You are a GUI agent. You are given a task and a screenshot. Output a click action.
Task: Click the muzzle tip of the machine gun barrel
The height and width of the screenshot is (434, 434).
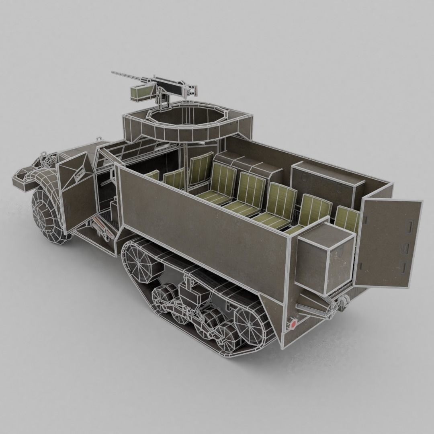[x=113, y=73]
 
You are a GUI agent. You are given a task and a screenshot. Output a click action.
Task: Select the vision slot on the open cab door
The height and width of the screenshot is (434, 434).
[x=80, y=173]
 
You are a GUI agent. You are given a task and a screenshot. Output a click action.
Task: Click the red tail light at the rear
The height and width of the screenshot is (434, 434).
[x=293, y=323]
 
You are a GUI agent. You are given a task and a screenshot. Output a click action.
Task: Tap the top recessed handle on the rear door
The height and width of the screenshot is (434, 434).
[x=411, y=224]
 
